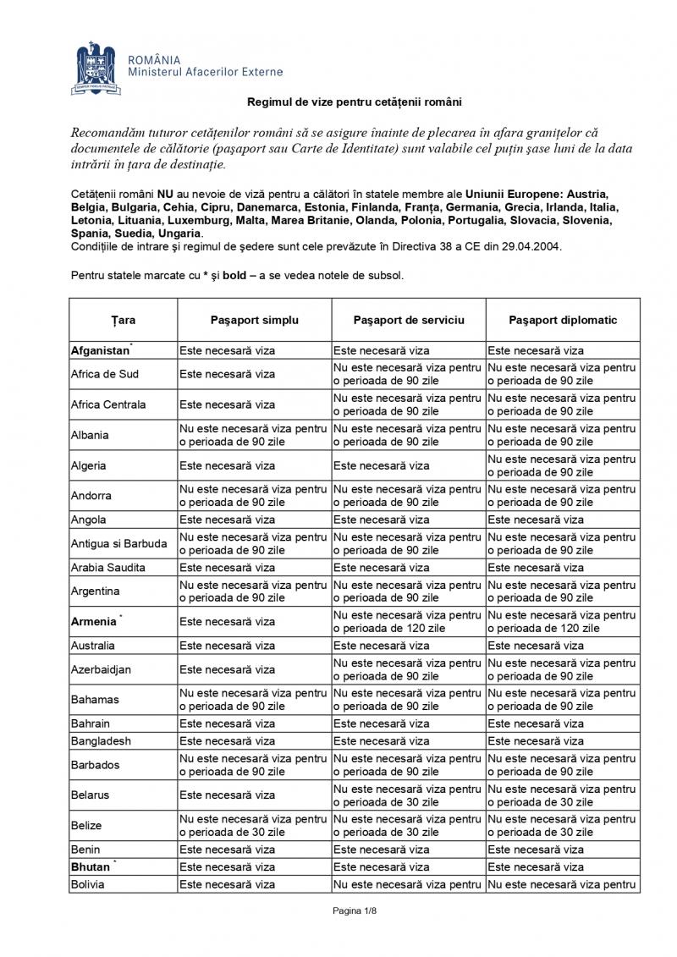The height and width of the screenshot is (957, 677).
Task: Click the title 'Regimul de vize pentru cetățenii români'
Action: tap(354, 102)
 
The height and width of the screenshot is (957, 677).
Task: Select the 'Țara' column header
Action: tap(123, 321)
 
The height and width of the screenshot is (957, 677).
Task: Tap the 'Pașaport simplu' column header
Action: tap(255, 321)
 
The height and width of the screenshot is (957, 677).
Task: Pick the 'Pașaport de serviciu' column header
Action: tap(409, 321)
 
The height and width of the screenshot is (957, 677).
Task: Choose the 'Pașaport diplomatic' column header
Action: tap(563, 321)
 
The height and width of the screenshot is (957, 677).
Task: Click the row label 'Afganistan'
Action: tap(100, 350)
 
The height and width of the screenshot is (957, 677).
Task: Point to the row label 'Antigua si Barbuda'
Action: tap(118, 543)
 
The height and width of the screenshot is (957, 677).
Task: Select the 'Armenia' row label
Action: tap(94, 622)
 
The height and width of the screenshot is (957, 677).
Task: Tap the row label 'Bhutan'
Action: tap(91, 867)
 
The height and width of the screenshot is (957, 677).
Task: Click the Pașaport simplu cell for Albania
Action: tap(254, 435)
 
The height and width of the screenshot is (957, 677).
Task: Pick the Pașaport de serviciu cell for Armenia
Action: tap(409, 622)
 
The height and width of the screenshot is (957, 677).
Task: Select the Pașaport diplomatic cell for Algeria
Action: tap(563, 465)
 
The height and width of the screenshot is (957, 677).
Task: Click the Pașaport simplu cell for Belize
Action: tap(254, 826)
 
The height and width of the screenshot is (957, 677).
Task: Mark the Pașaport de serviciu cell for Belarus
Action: tap(409, 795)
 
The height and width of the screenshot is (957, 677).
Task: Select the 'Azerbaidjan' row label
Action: tap(102, 670)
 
